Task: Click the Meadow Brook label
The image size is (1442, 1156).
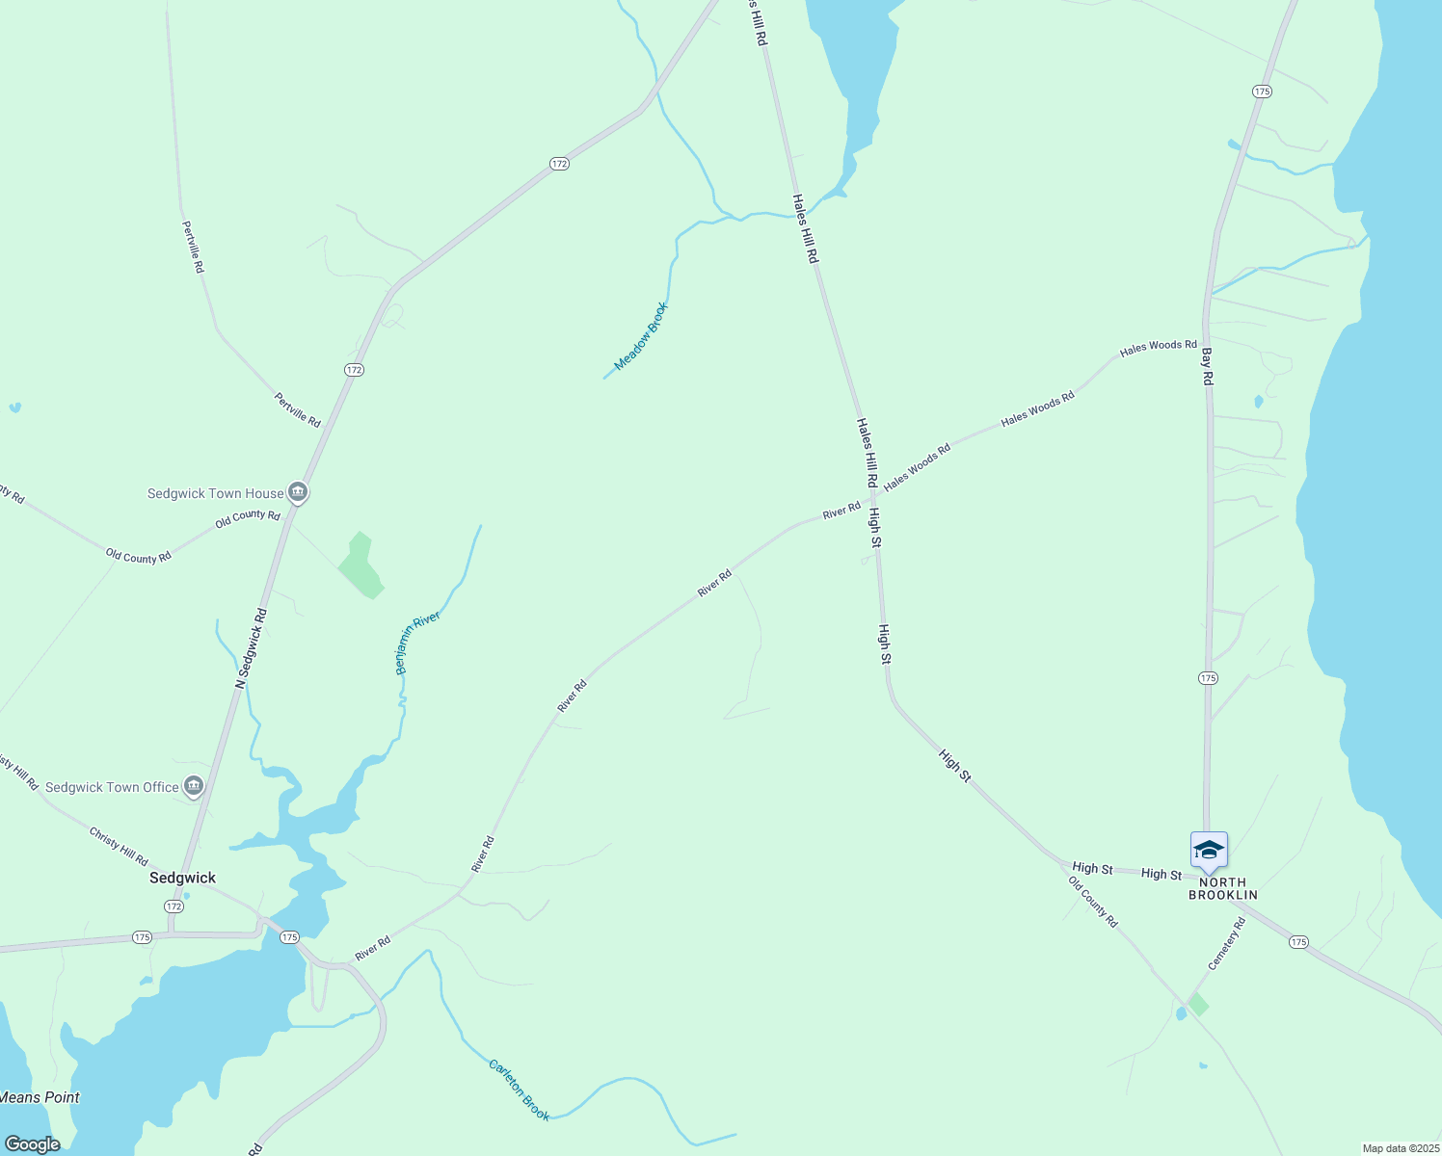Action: [x=641, y=336]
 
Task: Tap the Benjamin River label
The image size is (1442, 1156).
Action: [x=417, y=643]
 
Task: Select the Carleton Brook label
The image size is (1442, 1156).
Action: [x=519, y=1090]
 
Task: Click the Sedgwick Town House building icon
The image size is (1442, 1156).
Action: [x=298, y=493]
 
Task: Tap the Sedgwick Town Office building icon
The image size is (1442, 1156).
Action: [x=194, y=787]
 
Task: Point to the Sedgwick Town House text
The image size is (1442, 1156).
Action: [x=215, y=493]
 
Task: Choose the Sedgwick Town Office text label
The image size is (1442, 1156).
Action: [x=112, y=787]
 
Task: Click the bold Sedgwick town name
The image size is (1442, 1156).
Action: [x=182, y=878]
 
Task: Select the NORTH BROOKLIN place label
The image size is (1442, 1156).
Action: [x=1222, y=888]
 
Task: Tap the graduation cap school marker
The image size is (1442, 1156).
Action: [x=1209, y=851]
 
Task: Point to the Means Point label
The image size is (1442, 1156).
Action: [x=40, y=1097]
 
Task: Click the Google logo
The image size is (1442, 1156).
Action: [x=32, y=1144]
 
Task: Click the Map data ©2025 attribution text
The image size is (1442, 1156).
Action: [x=1400, y=1148]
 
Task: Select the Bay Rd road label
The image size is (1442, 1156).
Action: [x=1207, y=367]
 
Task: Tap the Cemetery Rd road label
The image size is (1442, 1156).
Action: [x=1226, y=943]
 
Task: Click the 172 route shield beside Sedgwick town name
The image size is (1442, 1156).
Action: [x=174, y=906]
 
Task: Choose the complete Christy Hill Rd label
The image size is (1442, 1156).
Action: [x=119, y=846]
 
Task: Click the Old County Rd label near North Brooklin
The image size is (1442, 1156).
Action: [x=1093, y=902]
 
